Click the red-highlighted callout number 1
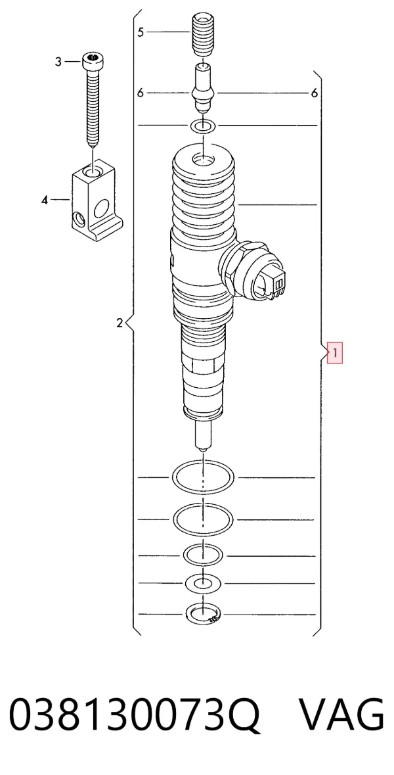click(335, 353)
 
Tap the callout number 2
click(119, 323)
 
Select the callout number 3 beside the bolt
click(58, 62)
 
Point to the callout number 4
click(45, 200)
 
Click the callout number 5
click(141, 32)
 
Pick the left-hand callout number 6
click(141, 93)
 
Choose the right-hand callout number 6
click(315, 93)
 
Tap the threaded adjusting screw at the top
click(202, 35)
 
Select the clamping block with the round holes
click(97, 199)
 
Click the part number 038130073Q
click(135, 715)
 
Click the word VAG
click(342, 715)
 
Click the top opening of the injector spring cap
click(204, 160)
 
